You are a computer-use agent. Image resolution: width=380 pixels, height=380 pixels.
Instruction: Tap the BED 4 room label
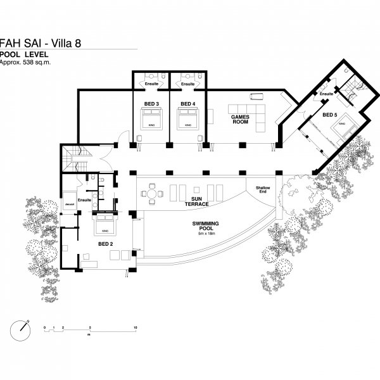click(x=188, y=103)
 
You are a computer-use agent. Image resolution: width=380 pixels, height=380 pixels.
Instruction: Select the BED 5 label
click(x=329, y=115)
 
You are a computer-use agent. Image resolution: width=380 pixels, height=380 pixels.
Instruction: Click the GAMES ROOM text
click(x=240, y=120)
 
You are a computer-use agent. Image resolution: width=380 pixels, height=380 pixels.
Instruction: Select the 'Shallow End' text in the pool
click(x=262, y=191)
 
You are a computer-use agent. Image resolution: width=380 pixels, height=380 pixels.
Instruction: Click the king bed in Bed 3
click(x=151, y=118)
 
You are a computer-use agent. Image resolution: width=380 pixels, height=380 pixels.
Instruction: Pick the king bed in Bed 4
click(x=189, y=118)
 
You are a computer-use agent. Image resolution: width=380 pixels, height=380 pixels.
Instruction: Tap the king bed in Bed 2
click(x=104, y=224)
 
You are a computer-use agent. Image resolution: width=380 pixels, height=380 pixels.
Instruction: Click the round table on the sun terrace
click(x=152, y=194)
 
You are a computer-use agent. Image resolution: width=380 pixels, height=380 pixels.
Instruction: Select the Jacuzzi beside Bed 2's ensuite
click(x=69, y=205)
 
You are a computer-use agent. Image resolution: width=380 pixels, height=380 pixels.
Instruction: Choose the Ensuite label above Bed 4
click(x=188, y=84)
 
